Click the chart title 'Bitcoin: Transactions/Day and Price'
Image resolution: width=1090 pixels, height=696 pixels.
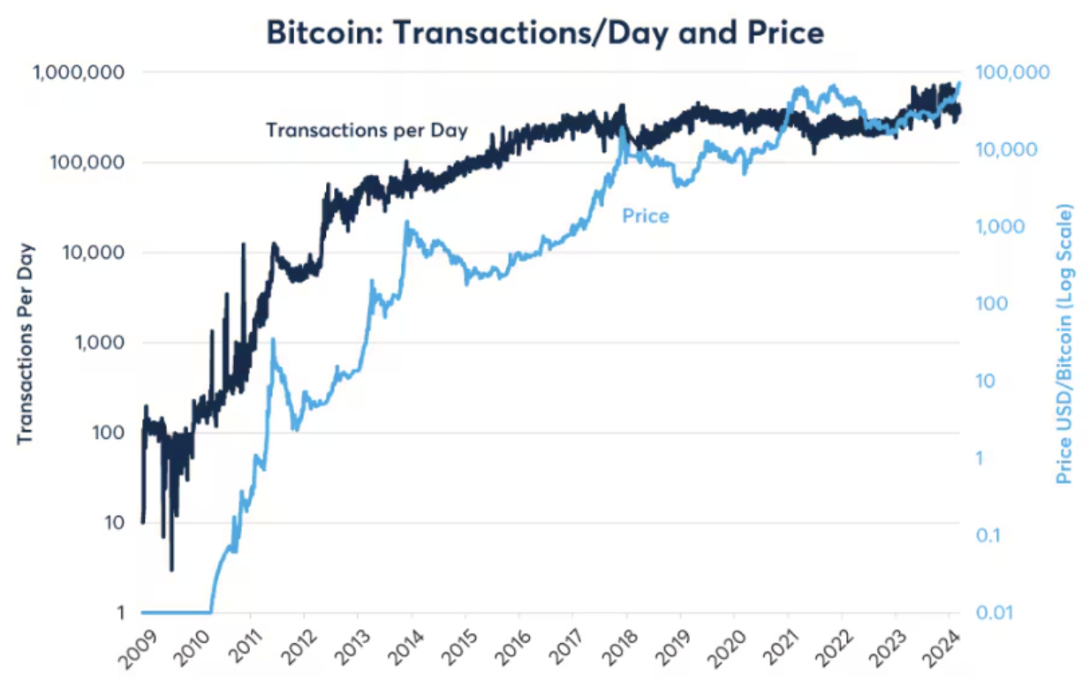[x=546, y=33]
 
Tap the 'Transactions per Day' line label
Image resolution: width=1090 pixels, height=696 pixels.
[x=367, y=130]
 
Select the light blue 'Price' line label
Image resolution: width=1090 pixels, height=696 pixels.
[x=646, y=216]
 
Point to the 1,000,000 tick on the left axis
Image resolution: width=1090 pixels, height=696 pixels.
[x=78, y=72]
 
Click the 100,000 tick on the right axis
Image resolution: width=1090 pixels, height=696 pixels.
[x=1011, y=72]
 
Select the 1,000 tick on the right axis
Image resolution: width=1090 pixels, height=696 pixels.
[x=1001, y=227]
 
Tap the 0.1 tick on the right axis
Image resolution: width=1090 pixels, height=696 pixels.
[x=992, y=535]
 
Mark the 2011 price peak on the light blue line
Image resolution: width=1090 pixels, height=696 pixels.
[x=273, y=339]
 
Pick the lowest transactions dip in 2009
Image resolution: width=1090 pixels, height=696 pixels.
[x=171, y=570]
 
